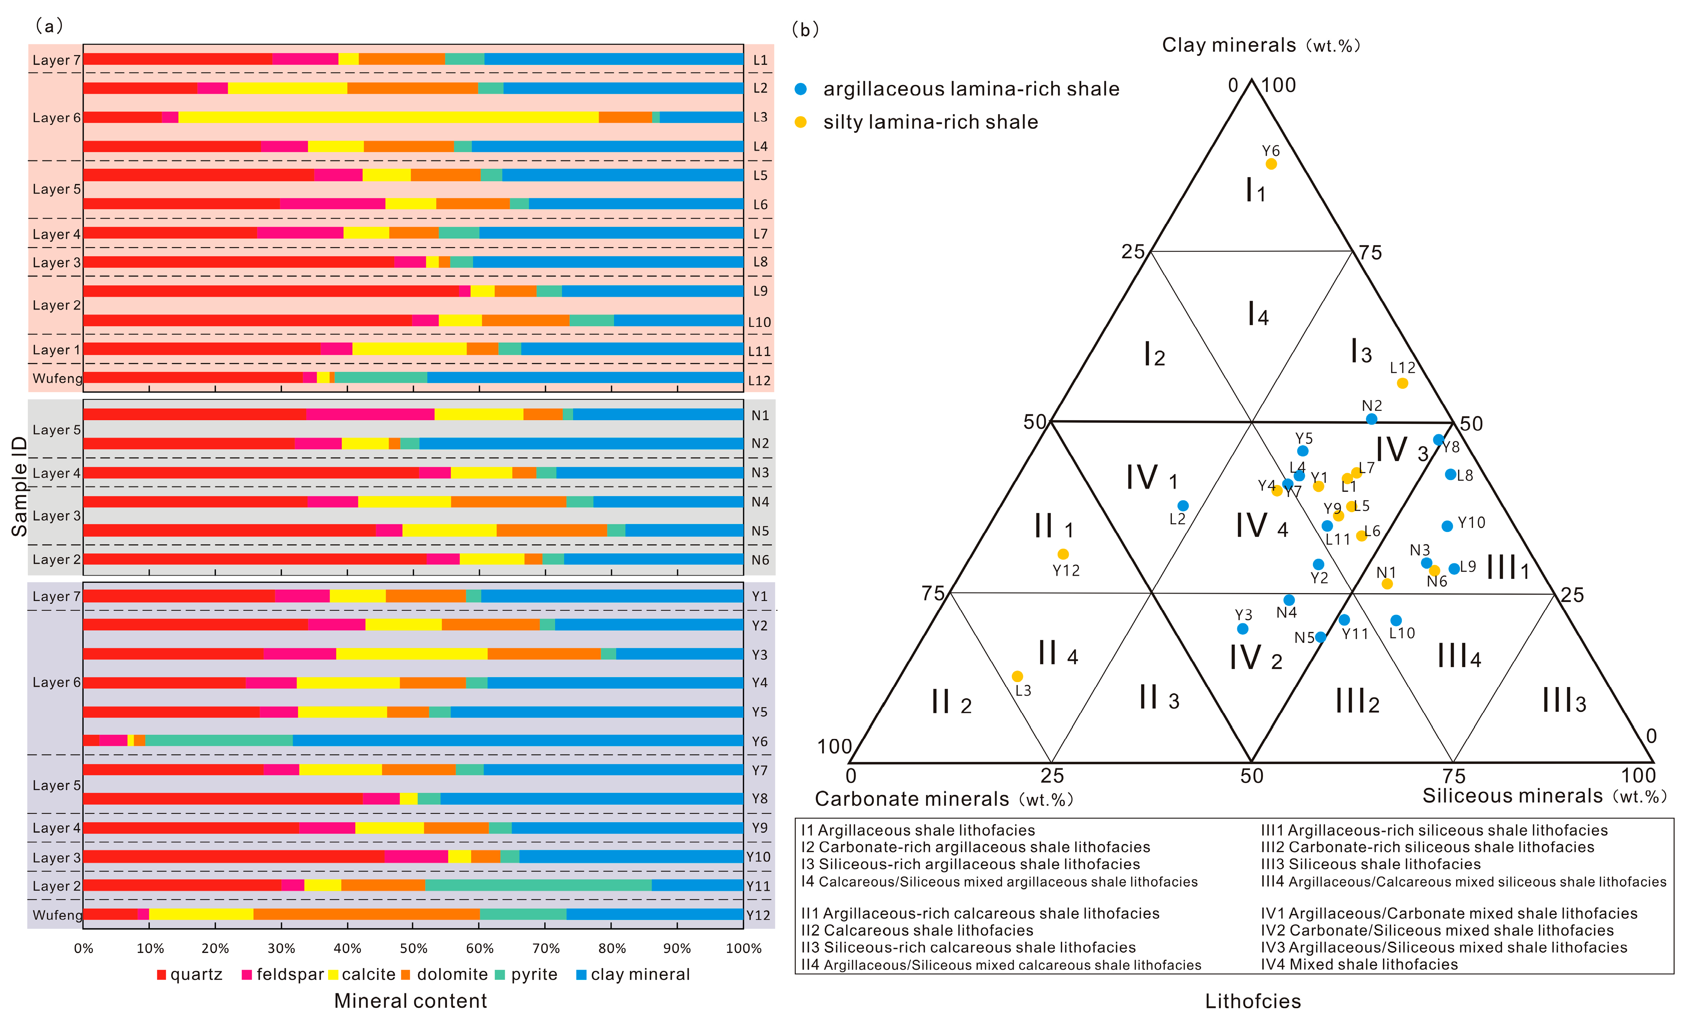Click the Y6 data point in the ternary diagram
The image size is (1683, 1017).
click(1270, 164)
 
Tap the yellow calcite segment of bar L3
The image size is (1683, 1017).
click(388, 118)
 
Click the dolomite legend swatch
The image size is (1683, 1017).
click(405, 975)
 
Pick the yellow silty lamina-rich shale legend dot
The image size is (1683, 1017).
click(801, 122)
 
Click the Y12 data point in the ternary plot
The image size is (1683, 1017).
click(1063, 554)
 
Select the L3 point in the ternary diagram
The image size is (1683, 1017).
click(1017, 676)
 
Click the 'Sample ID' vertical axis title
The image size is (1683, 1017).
click(19, 486)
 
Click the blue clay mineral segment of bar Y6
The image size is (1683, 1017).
click(517, 741)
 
